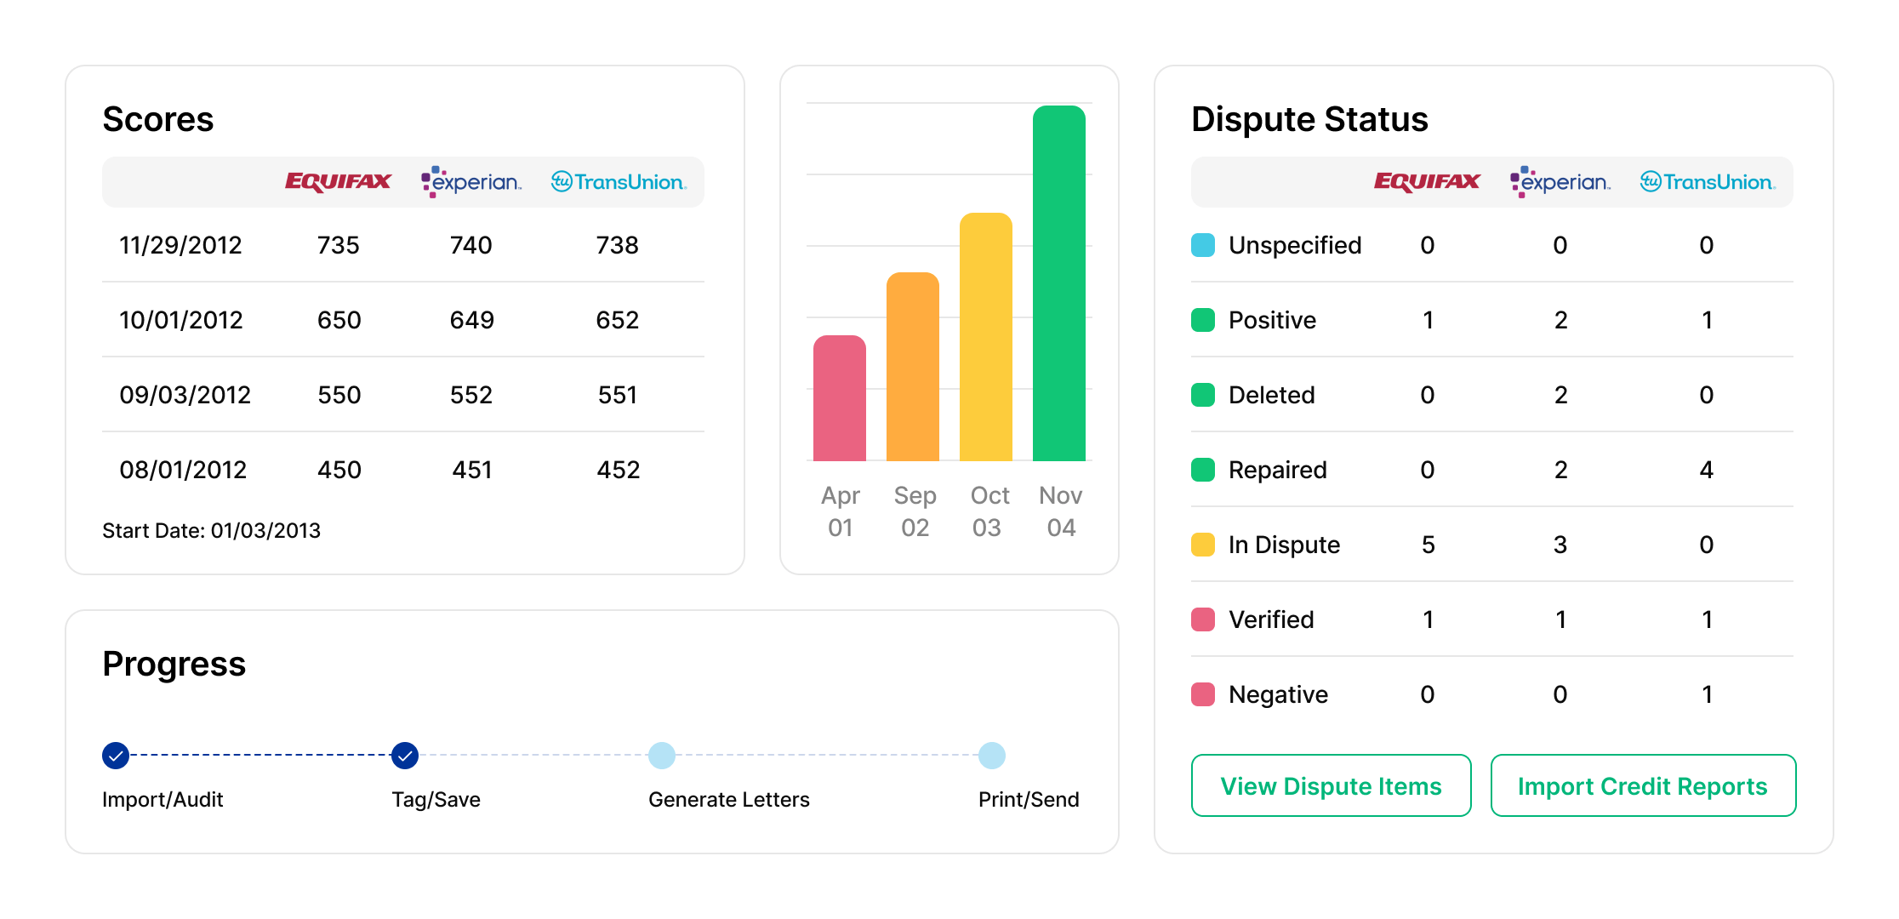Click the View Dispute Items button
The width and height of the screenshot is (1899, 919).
pos(1331,785)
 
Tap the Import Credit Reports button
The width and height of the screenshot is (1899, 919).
pos(1642,785)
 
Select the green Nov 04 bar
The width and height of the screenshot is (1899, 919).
pos(1058,283)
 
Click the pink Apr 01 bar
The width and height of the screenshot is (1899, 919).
pos(840,398)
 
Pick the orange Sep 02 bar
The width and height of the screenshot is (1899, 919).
pos(912,367)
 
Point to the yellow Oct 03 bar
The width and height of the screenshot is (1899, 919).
pos(985,337)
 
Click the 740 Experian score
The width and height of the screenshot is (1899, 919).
pos(470,245)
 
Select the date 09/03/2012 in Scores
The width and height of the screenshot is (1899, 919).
pos(185,395)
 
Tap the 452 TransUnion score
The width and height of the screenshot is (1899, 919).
pos(618,470)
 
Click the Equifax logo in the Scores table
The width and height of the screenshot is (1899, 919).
pos(338,181)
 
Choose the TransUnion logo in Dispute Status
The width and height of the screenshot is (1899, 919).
pos(1707,181)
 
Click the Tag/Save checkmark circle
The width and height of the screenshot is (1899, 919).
pos(405,755)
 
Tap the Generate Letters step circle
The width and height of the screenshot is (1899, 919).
pos(662,755)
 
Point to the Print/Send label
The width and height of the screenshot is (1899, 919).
pos(1028,800)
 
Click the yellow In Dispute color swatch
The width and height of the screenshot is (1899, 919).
pos(1203,545)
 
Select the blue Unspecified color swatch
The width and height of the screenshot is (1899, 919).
pos(1203,245)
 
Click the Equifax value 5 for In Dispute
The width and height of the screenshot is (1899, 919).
pos(1428,545)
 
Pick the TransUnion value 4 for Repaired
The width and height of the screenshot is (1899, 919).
pos(1706,470)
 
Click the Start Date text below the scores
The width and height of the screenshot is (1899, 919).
pos(211,530)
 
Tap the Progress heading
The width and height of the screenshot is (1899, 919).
pos(174,664)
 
